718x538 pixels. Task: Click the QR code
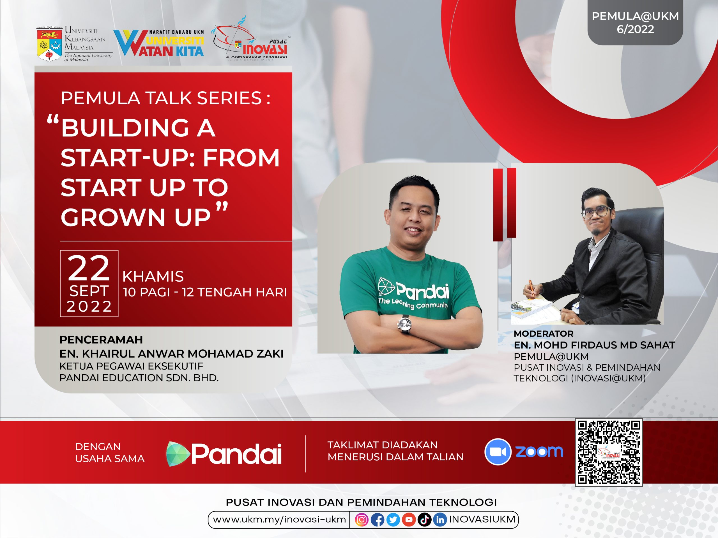[609, 452]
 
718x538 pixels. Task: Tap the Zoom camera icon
[498, 452]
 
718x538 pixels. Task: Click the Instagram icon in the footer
[362, 520]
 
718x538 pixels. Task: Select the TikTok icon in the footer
[425, 520]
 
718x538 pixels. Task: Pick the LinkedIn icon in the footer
[440, 520]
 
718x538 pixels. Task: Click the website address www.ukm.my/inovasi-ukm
[279, 520]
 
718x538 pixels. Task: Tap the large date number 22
[89, 268]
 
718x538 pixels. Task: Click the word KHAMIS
[153, 277]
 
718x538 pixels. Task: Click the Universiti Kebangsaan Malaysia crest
[49, 44]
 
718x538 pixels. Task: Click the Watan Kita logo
[159, 43]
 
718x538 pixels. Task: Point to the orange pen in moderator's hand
[532, 288]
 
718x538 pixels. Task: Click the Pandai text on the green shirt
[422, 291]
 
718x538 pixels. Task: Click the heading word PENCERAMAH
[101, 340]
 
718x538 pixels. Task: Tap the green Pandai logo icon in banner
[178, 454]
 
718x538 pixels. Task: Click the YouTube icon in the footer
[409, 520]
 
